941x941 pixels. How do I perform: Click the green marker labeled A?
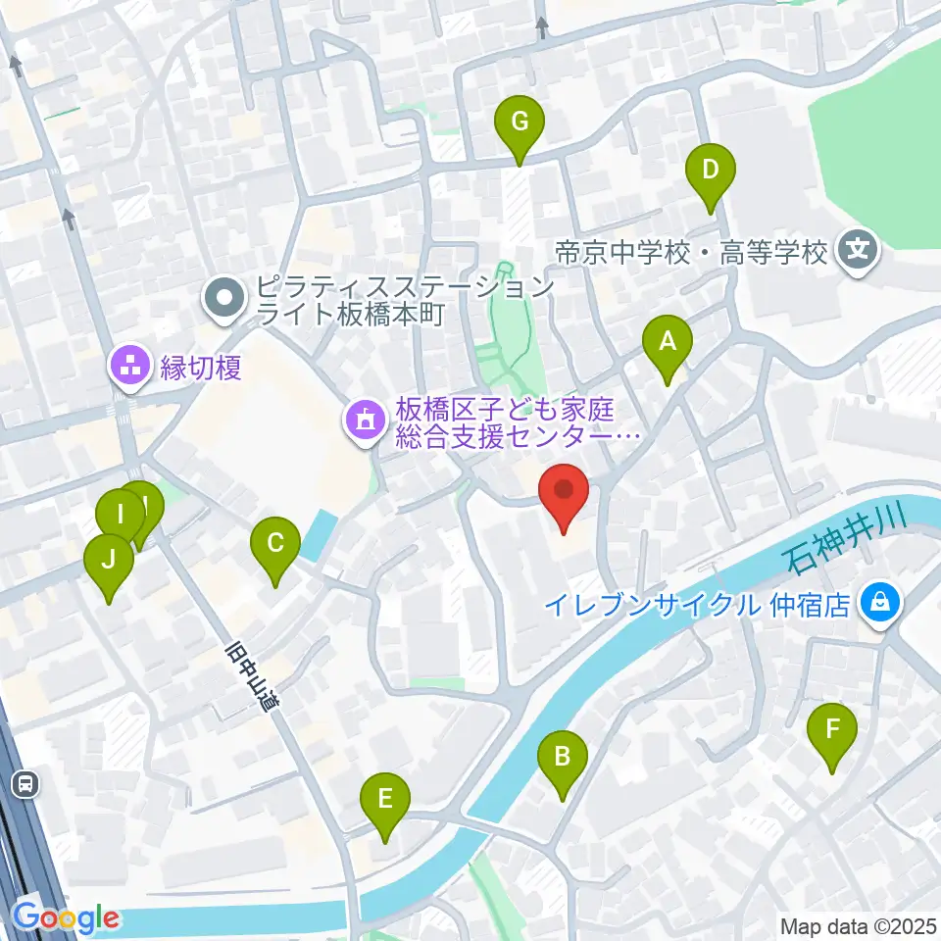pyautogui.click(x=668, y=343)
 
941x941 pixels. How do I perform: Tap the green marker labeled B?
pyautogui.click(x=563, y=757)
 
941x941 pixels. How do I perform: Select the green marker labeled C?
pyautogui.click(x=275, y=543)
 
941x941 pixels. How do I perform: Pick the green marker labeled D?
pyautogui.click(x=710, y=171)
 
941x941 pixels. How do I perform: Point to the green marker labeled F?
pyautogui.click(x=832, y=730)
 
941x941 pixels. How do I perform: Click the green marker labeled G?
pyautogui.click(x=520, y=123)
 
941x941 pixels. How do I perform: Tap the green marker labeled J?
pyautogui.click(x=108, y=560)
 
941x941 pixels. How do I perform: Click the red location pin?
pyautogui.click(x=564, y=488)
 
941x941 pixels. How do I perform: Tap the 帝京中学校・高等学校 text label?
pyautogui.click(x=691, y=254)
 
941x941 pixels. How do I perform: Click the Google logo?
pyautogui.click(x=65, y=917)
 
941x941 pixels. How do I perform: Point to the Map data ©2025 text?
pyautogui.click(x=859, y=924)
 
